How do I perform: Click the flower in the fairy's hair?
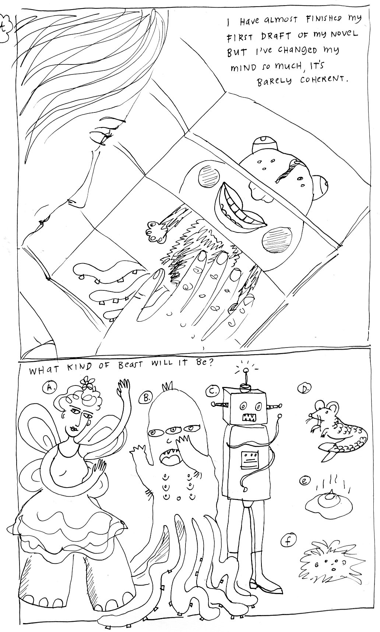[87, 383]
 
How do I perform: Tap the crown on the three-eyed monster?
[166, 387]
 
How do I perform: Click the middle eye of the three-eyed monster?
[173, 430]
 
